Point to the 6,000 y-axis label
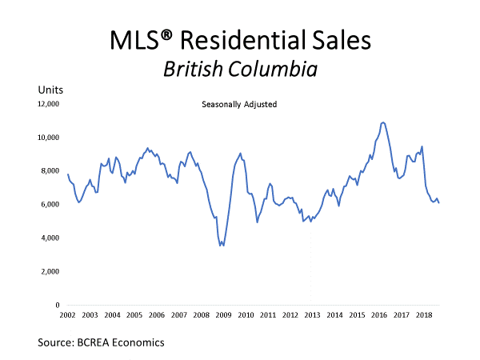50,205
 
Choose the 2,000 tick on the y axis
50,272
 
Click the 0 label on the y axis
58,306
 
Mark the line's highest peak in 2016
383,122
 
